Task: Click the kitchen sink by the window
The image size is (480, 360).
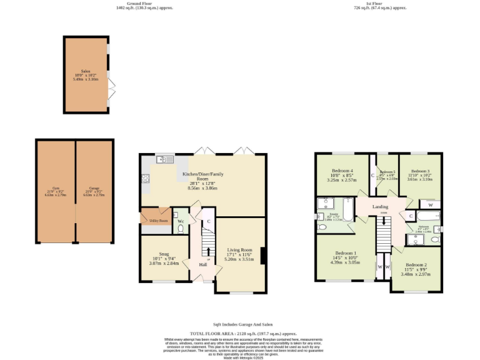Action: (x=165, y=159)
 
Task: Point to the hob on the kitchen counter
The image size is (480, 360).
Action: (x=146, y=179)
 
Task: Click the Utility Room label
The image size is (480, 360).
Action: (x=157, y=221)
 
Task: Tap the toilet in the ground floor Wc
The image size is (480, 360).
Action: (x=181, y=228)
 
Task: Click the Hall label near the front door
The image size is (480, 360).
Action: (x=203, y=264)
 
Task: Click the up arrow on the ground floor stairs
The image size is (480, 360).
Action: (x=209, y=251)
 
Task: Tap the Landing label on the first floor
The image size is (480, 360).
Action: (x=380, y=206)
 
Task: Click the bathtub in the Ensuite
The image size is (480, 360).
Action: (x=347, y=209)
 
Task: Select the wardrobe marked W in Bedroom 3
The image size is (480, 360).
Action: (x=431, y=204)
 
